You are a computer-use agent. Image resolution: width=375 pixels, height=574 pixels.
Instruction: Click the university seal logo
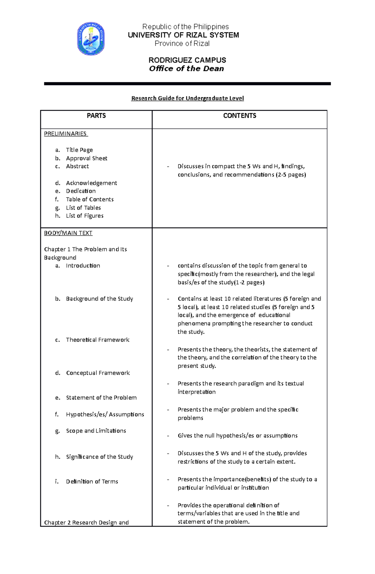91,39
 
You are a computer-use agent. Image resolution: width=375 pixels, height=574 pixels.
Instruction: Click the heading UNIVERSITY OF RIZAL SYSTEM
183,35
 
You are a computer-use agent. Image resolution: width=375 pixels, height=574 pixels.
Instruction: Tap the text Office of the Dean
187,69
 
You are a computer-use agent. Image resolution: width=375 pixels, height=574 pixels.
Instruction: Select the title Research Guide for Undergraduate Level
187,98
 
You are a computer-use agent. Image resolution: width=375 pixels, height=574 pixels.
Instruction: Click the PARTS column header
96,116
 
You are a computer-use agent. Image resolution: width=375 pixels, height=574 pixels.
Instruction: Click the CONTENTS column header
240,116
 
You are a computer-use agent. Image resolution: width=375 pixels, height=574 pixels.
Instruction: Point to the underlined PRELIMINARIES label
65,134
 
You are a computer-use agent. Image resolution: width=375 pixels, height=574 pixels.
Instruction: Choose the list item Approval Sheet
87,158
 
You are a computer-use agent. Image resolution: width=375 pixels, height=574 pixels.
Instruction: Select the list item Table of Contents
90,199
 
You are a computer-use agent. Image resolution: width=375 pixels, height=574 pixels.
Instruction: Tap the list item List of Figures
85,216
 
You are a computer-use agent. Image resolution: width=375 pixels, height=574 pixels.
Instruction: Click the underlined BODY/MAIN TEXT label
68,233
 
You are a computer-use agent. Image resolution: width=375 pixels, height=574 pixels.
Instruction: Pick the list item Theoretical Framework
97,340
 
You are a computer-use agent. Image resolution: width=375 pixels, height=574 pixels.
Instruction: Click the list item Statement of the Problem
101,398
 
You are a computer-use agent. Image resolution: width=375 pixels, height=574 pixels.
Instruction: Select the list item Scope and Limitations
96,431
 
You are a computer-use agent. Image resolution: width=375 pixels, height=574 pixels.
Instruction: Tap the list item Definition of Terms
92,481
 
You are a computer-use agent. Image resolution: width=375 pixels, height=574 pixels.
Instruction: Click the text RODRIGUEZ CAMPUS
187,60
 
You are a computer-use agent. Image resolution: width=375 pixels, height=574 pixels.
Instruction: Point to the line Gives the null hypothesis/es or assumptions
237,435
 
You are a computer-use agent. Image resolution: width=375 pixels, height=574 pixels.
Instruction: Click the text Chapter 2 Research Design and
86,522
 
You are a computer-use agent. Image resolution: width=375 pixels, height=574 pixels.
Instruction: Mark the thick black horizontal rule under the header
187,84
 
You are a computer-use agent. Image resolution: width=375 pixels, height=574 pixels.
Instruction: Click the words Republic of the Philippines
186,27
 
